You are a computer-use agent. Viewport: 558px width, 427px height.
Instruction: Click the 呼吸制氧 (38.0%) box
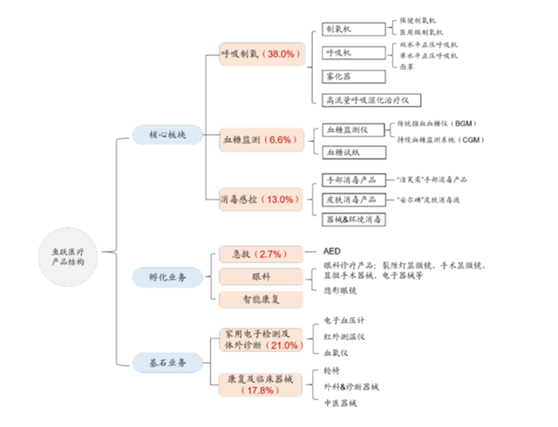pyautogui.click(x=262, y=54)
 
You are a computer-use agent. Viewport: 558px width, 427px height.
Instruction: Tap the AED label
pyautogui.click(x=331, y=248)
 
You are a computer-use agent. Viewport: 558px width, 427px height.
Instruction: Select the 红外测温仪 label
pyautogui.click(x=343, y=335)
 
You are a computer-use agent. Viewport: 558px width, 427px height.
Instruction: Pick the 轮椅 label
pyautogui.click(x=331, y=369)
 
